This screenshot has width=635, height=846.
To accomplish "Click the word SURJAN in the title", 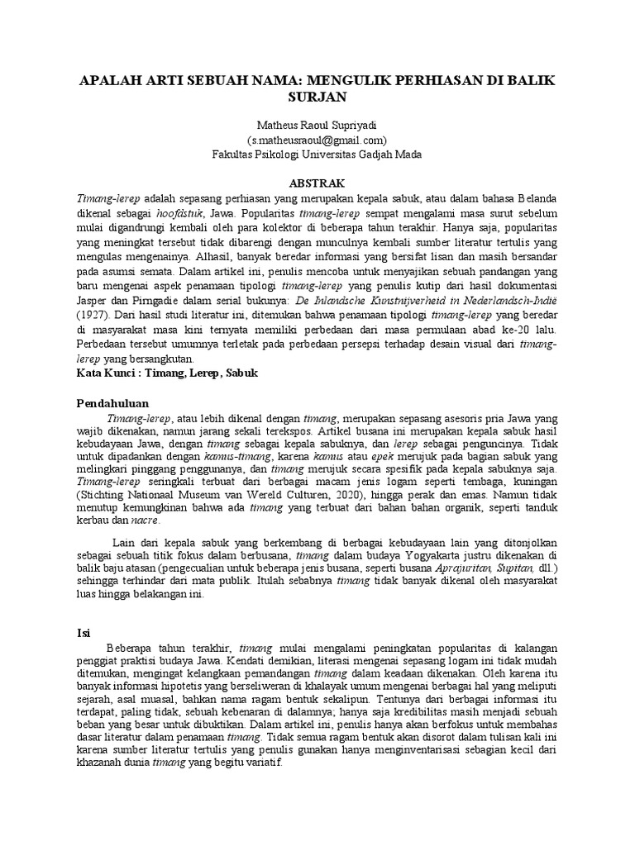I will coord(317,97).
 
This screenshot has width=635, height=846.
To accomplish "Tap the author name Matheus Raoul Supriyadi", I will coord(317,125).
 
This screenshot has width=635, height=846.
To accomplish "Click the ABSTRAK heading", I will coord(317,182).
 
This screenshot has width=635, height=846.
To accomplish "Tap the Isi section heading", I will coord(83,632).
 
